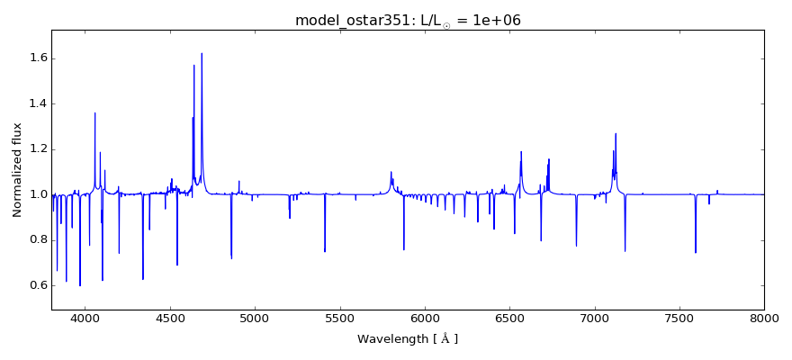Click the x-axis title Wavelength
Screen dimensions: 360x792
click(x=408, y=339)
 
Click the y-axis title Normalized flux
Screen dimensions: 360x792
click(x=17, y=171)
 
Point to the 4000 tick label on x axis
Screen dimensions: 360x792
click(x=85, y=318)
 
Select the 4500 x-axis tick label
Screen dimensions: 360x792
click(x=170, y=318)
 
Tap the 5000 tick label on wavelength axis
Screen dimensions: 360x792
click(x=255, y=318)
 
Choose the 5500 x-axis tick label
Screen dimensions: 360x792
click(x=339, y=318)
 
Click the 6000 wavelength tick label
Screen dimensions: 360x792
click(x=425, y=318)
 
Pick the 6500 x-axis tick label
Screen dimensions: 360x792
click(x=509, y=318)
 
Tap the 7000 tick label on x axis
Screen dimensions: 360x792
click(x=594, y=318)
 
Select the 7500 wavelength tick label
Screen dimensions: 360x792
click(x=679, y=318)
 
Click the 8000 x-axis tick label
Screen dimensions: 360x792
click(x=764, y=318)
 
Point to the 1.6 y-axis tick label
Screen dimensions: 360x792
click(x=37, y=58)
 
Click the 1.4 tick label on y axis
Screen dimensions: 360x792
click(x=37, y=103)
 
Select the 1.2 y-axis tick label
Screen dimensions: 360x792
click(x=37, y=149)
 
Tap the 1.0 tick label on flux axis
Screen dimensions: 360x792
click(x=37, y=194)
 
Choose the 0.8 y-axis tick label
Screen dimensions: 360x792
click(x=37, y=239)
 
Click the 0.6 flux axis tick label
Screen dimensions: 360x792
click(x=37, y=285)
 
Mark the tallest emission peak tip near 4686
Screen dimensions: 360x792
click(x=202, y=53)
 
